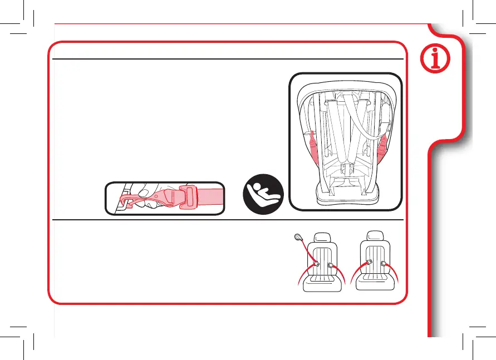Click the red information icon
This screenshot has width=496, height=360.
[443, 60]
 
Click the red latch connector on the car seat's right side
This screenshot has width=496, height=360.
[382, 146]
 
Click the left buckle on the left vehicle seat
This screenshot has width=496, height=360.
[316, 265]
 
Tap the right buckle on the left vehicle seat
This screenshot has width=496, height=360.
[331, 265]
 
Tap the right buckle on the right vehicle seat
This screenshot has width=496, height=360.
[383, 264]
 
